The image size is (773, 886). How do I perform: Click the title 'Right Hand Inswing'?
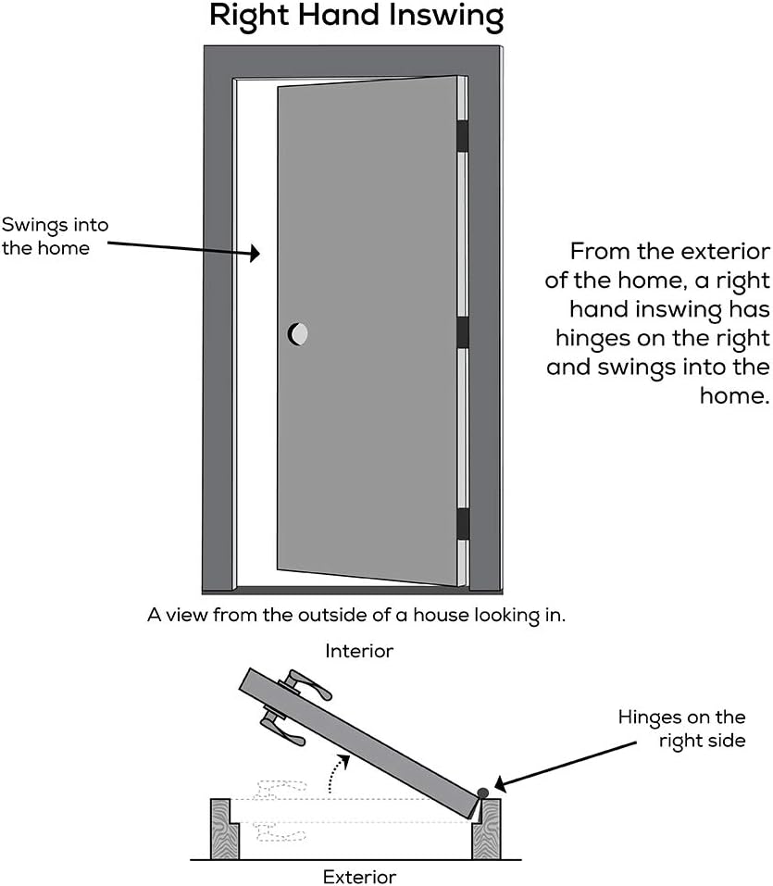(x=356, y=16)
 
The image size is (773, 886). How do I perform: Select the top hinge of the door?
(x=462, y=135)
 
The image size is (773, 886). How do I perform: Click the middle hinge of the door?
(x=462, y=331)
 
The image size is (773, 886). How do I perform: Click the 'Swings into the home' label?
(x=55, y=236)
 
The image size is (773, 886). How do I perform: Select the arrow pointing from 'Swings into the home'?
(x=185, y=246)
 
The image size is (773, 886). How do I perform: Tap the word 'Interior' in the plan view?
(x=359, y=652)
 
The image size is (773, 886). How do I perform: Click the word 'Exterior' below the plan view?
(x=359, y=876)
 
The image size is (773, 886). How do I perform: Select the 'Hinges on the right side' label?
(x=681, y=729)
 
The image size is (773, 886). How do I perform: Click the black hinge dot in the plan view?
(x=483, y=792)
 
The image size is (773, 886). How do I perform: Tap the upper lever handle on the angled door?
(x=306, y=686)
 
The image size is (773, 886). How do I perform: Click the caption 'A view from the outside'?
(x=355, y=615)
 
